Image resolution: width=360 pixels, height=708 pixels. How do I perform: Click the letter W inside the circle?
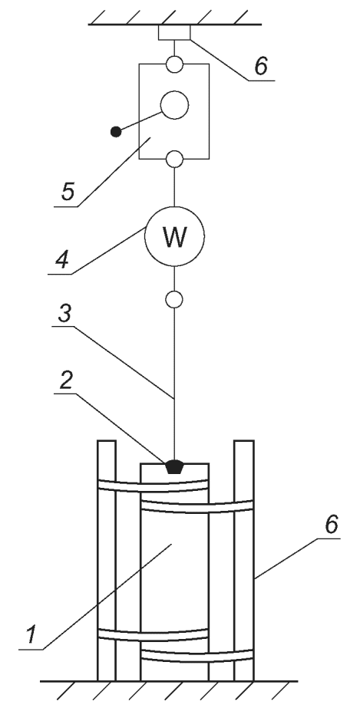(174, 237)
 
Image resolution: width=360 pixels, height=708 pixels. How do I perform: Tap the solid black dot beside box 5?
(116, 132)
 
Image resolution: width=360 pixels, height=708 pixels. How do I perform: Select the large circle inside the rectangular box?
(174, 105)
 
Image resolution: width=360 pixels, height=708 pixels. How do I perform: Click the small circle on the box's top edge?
(174, 64)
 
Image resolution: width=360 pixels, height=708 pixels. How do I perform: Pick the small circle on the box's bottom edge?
(174, 159)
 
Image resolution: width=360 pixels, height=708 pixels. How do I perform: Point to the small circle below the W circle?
(174, 299)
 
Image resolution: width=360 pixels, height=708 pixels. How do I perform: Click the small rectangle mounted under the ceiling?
(174, 33)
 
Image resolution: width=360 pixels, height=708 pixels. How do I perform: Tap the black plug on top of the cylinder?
(174, 466)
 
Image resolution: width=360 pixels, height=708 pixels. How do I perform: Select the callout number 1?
(31, 635)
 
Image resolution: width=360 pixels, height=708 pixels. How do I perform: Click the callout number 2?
(67, 381)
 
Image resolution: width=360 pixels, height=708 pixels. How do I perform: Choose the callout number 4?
(61, 260)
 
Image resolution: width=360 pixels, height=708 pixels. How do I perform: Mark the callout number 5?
(68, 193)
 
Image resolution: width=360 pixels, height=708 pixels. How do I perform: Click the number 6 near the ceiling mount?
(261, 66)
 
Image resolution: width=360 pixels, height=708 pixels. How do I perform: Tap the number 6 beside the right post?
(332, 525)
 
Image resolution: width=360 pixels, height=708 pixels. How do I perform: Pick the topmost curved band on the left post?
(153, 486)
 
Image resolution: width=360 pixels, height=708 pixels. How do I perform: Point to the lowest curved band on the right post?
(197, 656)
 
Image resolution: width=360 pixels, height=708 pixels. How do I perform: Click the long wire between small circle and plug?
(174, 384)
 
